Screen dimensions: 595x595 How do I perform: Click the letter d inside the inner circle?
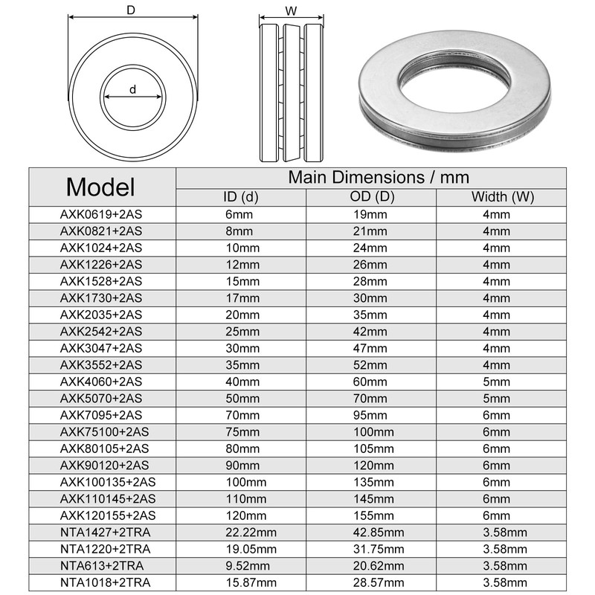tap(132, 89)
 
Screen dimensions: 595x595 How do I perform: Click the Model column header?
tap(100, 186)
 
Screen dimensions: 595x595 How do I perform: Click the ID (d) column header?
tap(241, 197)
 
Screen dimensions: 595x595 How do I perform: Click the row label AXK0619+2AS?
tap(100, 214)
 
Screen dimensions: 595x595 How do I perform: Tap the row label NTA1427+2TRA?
tap(105, 531)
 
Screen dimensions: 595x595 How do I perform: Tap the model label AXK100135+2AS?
tap(108, 482)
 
